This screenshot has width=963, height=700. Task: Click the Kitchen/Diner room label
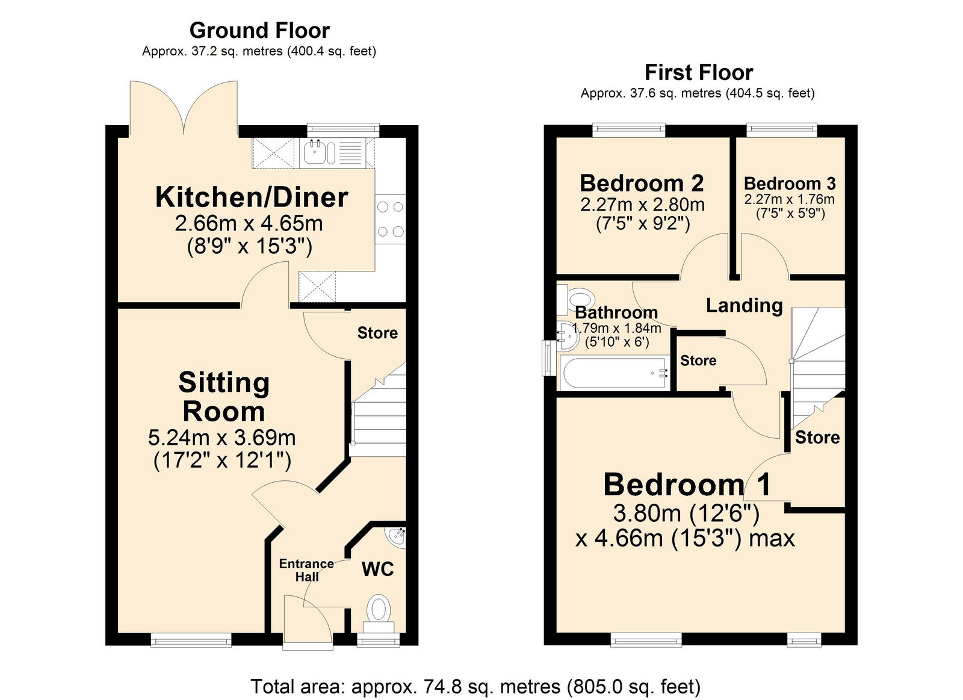point(252,197)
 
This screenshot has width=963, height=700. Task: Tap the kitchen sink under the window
point(319,152)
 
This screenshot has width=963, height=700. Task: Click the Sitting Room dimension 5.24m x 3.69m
point(221,437)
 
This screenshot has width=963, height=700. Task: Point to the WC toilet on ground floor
point(378,609)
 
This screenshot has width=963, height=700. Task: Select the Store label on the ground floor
point(377,333)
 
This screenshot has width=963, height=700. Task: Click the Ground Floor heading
point(259,30)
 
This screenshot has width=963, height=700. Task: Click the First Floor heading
point(698,73)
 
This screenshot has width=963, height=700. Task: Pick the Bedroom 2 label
point(642,183)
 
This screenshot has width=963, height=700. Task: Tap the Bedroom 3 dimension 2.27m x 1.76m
point(789,199)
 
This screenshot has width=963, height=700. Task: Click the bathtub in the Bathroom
point(614,373)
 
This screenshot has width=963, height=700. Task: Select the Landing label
point(744,305)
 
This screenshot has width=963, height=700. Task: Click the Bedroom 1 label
point(687,485)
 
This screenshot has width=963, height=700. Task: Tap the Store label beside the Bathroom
point(698,361)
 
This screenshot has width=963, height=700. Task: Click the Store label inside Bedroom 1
point(817,437)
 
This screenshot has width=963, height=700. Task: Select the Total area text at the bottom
point(475,686)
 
